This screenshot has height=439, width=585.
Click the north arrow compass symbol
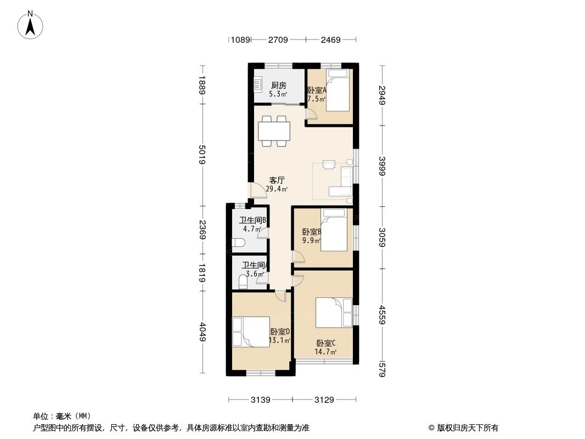31,24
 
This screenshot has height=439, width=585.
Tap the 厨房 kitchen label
278,85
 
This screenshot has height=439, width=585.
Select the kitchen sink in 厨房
257,85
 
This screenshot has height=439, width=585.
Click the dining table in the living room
274,131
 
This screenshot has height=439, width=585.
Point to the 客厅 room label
277,180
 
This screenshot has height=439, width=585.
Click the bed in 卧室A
338,91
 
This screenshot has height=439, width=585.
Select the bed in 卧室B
334,233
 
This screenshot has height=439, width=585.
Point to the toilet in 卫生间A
243,282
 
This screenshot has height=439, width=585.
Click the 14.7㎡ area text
326,352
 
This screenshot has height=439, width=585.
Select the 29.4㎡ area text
277,189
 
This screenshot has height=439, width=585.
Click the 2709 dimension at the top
278,40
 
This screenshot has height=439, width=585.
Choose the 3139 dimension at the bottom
261,399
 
